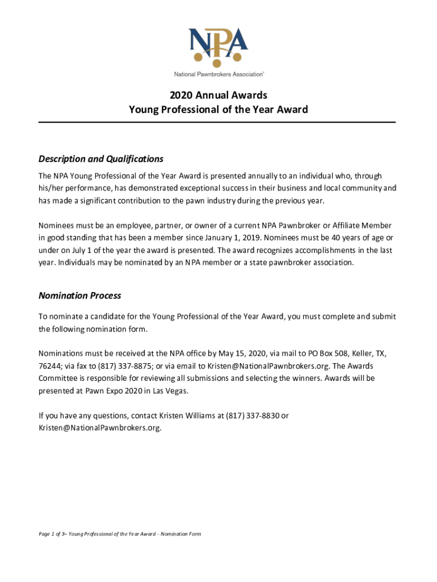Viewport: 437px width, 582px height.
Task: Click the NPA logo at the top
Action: point(218,44)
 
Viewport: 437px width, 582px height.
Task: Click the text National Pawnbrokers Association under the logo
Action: point(218,74)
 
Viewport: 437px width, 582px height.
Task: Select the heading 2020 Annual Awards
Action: point(218,95)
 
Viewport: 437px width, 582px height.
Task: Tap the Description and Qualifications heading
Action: point(100,159)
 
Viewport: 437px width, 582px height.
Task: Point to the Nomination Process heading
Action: point(79,296)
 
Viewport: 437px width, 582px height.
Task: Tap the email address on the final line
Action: point(100,429)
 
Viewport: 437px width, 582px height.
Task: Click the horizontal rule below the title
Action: point(217,122)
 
